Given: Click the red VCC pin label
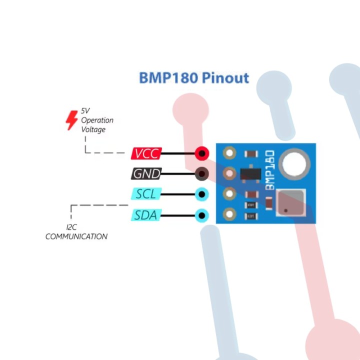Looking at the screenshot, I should [146, 153].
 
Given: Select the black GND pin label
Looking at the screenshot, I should [146, 174].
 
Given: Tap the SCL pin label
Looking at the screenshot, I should [146, 194].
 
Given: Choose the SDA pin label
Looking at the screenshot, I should [146, 215].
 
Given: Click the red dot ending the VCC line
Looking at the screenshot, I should [202, 153].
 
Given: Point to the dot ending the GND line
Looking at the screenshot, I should [202, 174].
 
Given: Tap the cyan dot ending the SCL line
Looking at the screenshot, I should [202, 194].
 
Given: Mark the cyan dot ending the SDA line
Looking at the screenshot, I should [202, 215].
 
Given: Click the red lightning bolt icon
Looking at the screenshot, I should [72, 120].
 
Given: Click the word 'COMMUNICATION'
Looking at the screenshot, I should [76, 236].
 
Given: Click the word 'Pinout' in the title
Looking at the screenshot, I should [226, 78].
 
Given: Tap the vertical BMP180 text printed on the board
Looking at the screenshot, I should [269, 170].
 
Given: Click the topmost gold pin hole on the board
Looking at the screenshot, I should [229, 153].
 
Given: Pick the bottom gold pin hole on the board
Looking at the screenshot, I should [229, 215].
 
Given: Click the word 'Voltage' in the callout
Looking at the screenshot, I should [93, 129].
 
